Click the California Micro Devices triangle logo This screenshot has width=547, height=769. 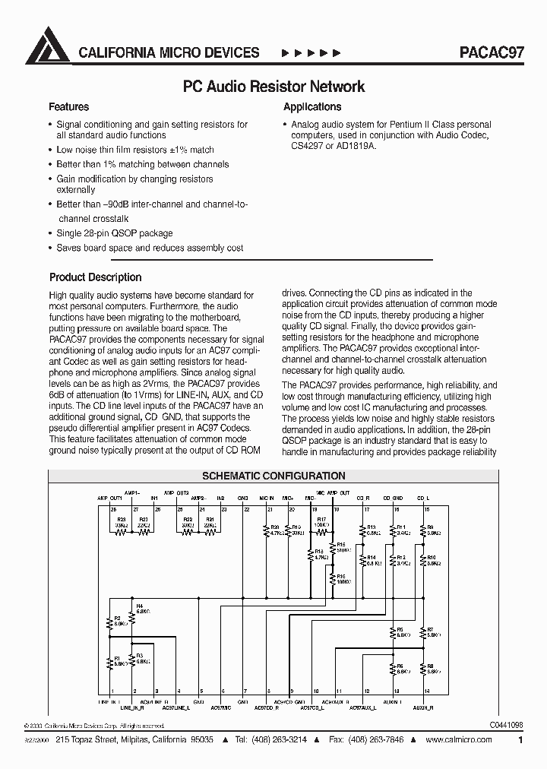click(48, 46)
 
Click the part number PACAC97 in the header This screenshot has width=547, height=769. click(491, 52)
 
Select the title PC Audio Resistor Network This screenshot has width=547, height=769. click(274, 87)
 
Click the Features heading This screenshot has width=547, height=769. click(68, 107)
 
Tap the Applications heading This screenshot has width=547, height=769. click(312, 107)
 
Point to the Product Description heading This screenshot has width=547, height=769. click(95, 277)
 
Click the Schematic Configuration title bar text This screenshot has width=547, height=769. click(273, 476)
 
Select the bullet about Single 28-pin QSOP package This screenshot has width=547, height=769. click(115, 233)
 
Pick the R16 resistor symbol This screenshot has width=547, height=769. click(334, 579)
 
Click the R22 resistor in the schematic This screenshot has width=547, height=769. click(143, 532)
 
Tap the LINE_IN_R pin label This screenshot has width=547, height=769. click(132, 707)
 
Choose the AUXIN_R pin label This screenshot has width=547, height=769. click(423, 707)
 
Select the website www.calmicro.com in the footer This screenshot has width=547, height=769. click(459, 739)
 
